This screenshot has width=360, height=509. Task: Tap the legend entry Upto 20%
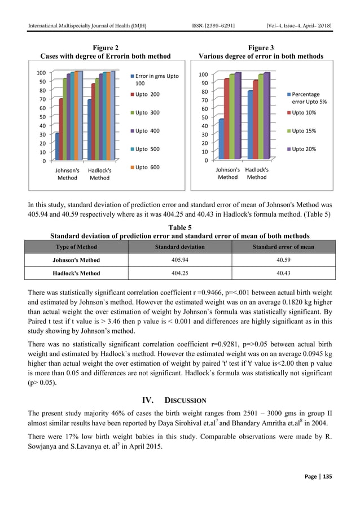coord(303,149)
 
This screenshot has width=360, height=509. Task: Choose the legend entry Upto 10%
coord(303,113)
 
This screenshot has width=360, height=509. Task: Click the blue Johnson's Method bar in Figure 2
coord(58,147)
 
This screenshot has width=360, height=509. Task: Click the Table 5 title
coord(180,227)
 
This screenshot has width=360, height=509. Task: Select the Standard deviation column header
coord(179,247)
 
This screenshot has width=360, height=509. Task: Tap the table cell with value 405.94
coord(179,260)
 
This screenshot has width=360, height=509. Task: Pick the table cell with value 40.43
coord(283,273)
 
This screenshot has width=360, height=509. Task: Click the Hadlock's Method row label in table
coord(76,273)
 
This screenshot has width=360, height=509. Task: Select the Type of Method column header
coord(76,247)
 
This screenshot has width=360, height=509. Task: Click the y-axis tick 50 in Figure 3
coord(204,117)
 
